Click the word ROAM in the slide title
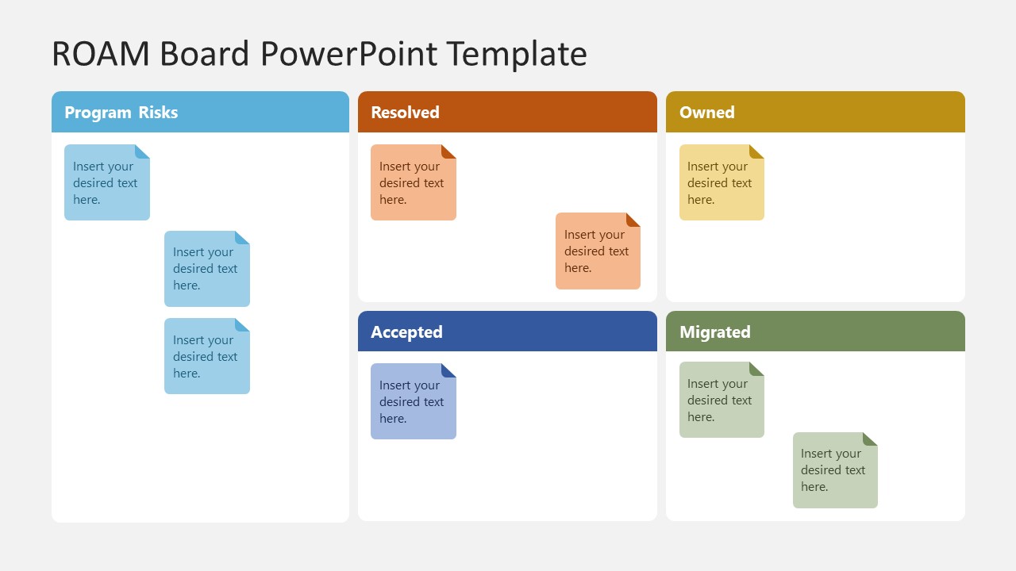click(x=101, y=54)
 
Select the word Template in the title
click(x=516, y=54)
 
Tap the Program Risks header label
click(x=121, y=113)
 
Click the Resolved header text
click(x=405, y=113)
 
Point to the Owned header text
click(x=706, y=113)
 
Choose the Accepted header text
click(x=406, y=332)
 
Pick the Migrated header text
click(x=714, y=332)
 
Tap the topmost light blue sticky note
click(x=106, y=182)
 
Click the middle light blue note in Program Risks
click(x=206, y=269)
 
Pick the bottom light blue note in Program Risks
click(x=206, y=356)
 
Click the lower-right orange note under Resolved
click(x=598, y=251)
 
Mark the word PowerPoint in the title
click(x=348, y=54)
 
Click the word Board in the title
click(x=204, y=54)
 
